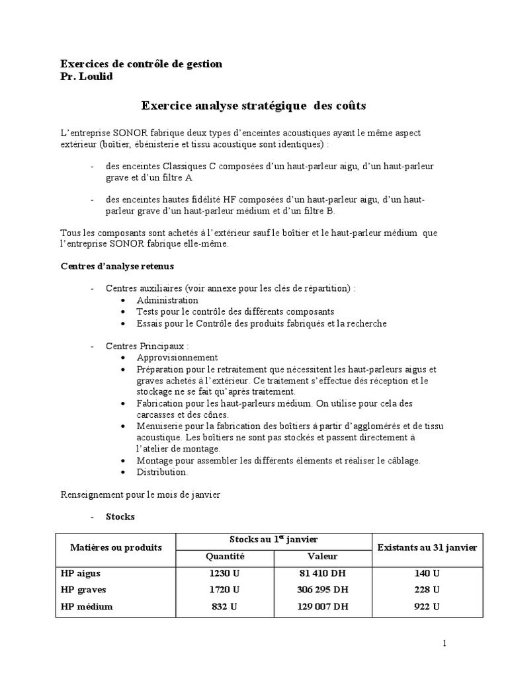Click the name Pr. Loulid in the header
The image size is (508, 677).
pos(87,77)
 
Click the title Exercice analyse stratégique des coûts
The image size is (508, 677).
pos(253,105)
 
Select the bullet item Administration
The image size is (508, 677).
pos(167,300)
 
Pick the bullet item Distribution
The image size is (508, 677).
pos(162,472)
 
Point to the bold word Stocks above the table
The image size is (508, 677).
pos(120,516)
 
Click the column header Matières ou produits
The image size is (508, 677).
pos(116,548)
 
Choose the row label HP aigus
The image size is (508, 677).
pos(81,573)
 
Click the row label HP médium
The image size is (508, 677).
pos(87,606)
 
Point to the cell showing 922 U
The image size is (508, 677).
pos(428,606)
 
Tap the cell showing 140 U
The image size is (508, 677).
pos(428,573)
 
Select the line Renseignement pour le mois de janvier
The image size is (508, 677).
pos(142,493)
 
